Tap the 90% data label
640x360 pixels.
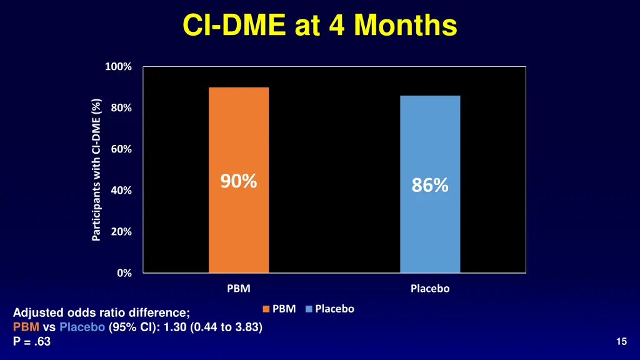239,181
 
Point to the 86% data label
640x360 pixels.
430,186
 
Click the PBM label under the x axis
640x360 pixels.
239,289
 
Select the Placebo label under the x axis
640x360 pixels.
430,289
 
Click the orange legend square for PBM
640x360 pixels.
266,309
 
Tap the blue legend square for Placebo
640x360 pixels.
309,309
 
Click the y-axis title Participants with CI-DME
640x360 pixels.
96,169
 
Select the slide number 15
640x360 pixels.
621,341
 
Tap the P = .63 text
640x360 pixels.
32,341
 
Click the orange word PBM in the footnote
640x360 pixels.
26,327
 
